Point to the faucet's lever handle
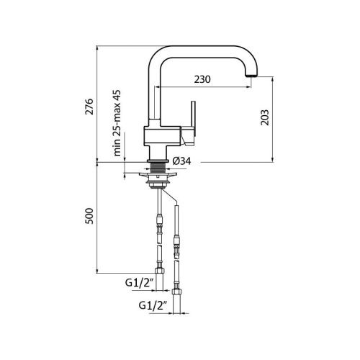[191, 120]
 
